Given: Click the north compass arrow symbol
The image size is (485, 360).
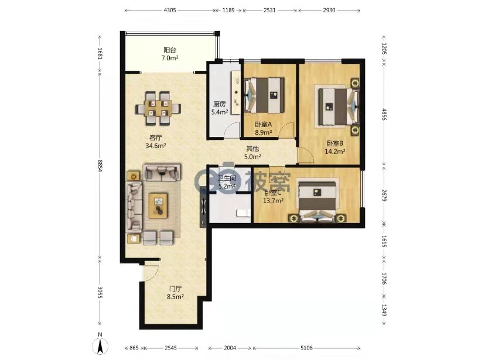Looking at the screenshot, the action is (100, 346).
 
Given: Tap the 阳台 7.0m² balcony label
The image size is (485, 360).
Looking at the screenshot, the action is (170, 54).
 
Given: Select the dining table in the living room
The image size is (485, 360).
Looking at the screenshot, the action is (158, 108).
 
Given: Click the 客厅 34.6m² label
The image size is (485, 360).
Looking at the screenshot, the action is (156, 142).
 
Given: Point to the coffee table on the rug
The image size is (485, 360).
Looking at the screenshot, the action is (158, 205).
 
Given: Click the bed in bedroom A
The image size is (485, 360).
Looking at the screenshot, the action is (265, 95).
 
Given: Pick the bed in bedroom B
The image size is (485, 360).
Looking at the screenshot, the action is (337, 107).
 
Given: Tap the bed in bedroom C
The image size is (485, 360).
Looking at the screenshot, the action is (317, 201).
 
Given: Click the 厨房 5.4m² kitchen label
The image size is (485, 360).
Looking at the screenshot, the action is (220, 108).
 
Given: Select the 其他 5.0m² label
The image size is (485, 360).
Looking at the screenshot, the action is (252, 153).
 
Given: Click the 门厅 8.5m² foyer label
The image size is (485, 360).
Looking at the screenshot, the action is (175, 293).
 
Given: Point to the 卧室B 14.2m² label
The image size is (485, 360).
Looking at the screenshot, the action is (335, 147).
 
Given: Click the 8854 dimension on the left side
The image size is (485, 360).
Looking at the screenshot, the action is (100, 166).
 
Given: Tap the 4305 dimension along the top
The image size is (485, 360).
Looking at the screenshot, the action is (170, 10).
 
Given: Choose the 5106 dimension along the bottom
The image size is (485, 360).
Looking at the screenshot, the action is (306, 348).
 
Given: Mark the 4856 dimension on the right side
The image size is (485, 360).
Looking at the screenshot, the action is (384, 114).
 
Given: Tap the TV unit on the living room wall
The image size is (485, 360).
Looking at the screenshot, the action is (203, 208).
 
